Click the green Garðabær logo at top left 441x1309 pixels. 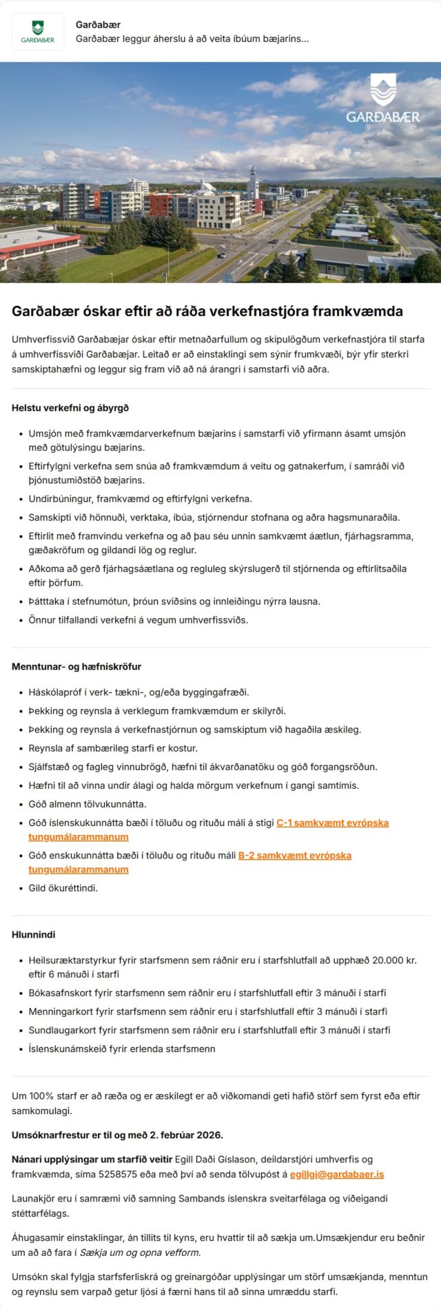click(38, 32)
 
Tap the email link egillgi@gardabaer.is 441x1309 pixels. click(337, 1174)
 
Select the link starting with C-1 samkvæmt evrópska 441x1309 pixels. click(332, 823)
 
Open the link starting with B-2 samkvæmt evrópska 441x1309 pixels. click(294, 855)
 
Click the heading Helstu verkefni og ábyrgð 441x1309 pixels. click(70, 408)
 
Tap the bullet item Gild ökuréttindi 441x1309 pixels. click(63, 888)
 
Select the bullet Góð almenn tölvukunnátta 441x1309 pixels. click(88, 804)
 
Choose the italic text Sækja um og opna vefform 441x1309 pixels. click(141, 1253)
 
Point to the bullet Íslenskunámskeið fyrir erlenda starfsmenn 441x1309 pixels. click(122, 1049)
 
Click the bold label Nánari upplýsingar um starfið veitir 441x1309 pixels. click(92, 1159)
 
